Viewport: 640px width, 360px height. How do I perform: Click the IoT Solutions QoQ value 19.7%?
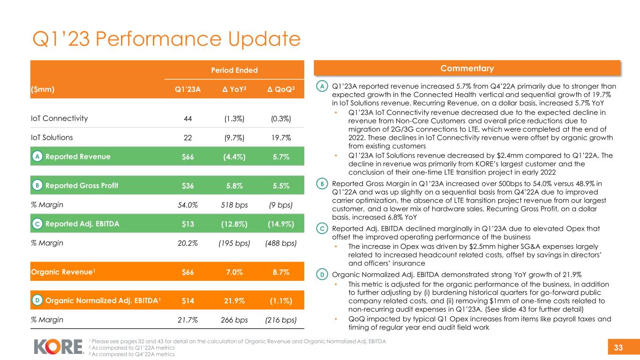tap(281, 138)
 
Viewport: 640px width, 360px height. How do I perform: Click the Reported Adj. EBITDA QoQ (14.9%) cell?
tap(281, 224)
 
